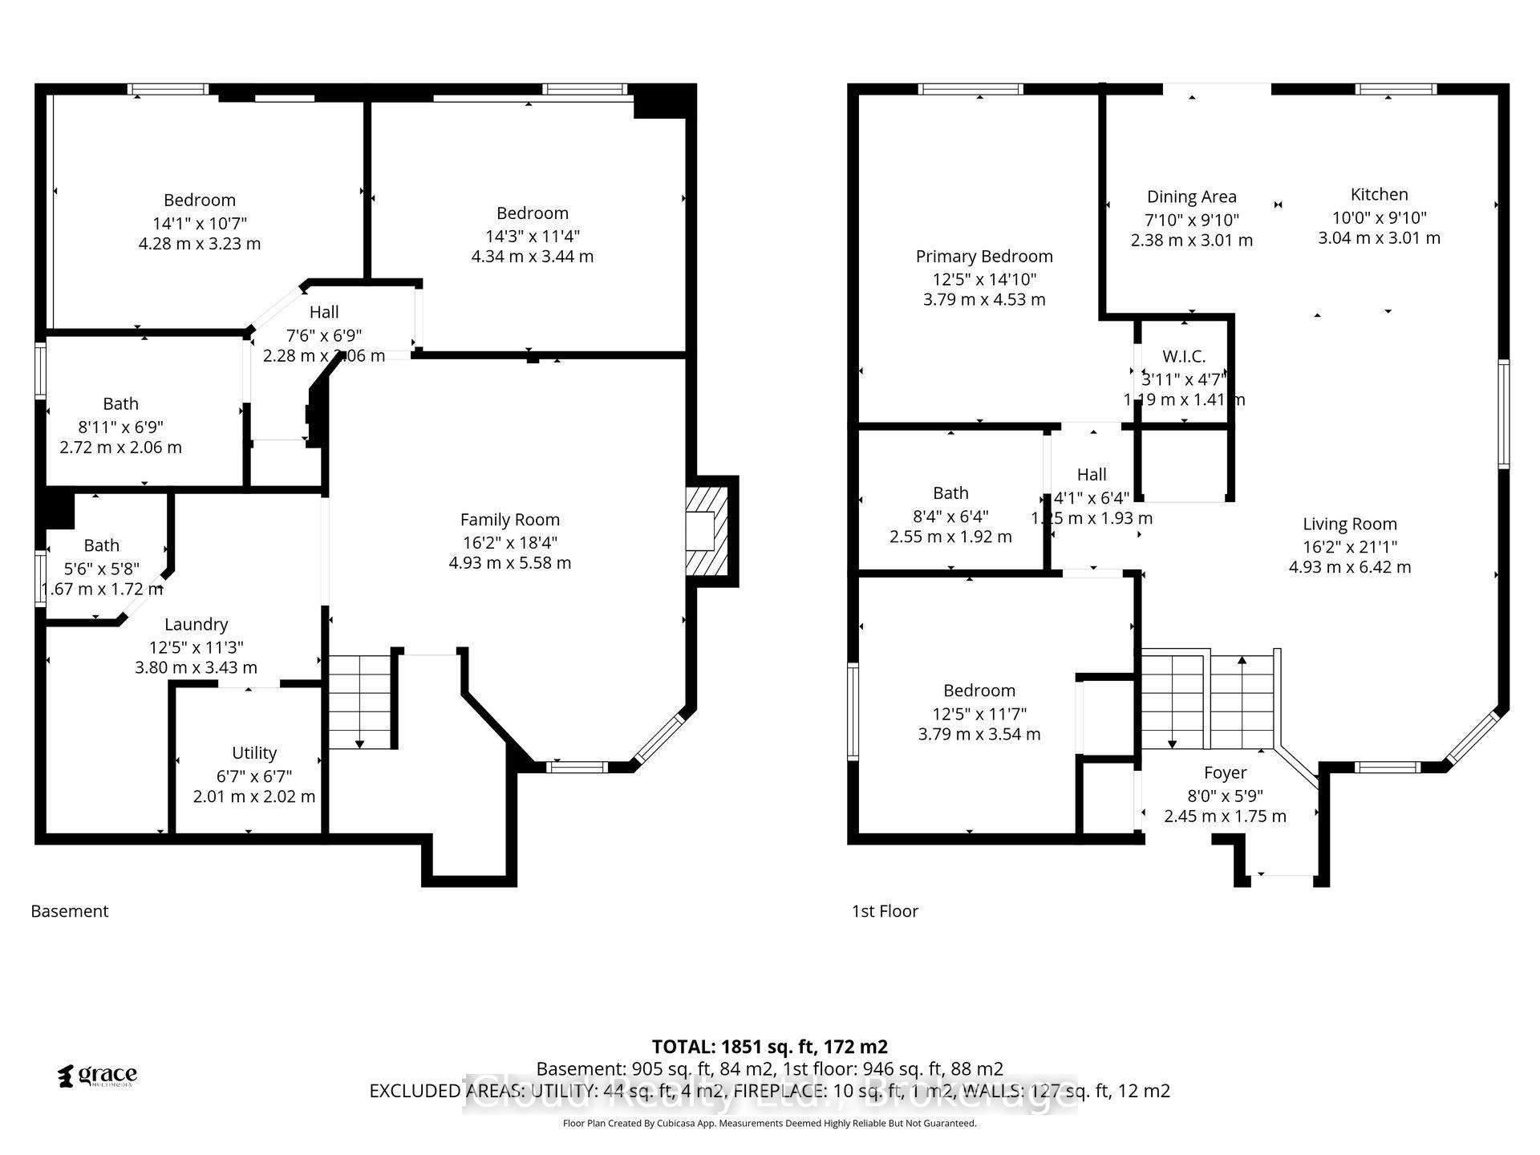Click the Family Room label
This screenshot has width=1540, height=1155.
509,520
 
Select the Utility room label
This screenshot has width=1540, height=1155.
254,753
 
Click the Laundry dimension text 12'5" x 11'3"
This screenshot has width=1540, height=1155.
196,646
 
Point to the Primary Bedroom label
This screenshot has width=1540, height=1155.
984,257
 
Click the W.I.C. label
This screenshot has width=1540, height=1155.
1184,357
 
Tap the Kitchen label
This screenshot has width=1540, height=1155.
1379,194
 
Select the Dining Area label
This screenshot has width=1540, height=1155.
1191,197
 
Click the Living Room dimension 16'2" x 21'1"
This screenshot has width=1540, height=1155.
1350,546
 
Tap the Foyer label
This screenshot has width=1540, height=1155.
1225,772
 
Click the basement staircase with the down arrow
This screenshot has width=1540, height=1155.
360,702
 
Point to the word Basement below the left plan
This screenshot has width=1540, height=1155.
70,911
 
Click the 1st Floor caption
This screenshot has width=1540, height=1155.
885,911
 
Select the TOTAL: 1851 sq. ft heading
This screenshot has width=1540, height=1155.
769,1047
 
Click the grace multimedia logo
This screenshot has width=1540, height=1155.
98,1076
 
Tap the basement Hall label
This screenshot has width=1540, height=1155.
324,312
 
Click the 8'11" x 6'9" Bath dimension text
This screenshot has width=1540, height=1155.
120,426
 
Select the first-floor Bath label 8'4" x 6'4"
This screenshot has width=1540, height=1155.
950,493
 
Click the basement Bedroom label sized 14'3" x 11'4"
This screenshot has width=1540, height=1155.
532,213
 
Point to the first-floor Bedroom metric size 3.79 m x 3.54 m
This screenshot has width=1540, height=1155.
979,734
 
